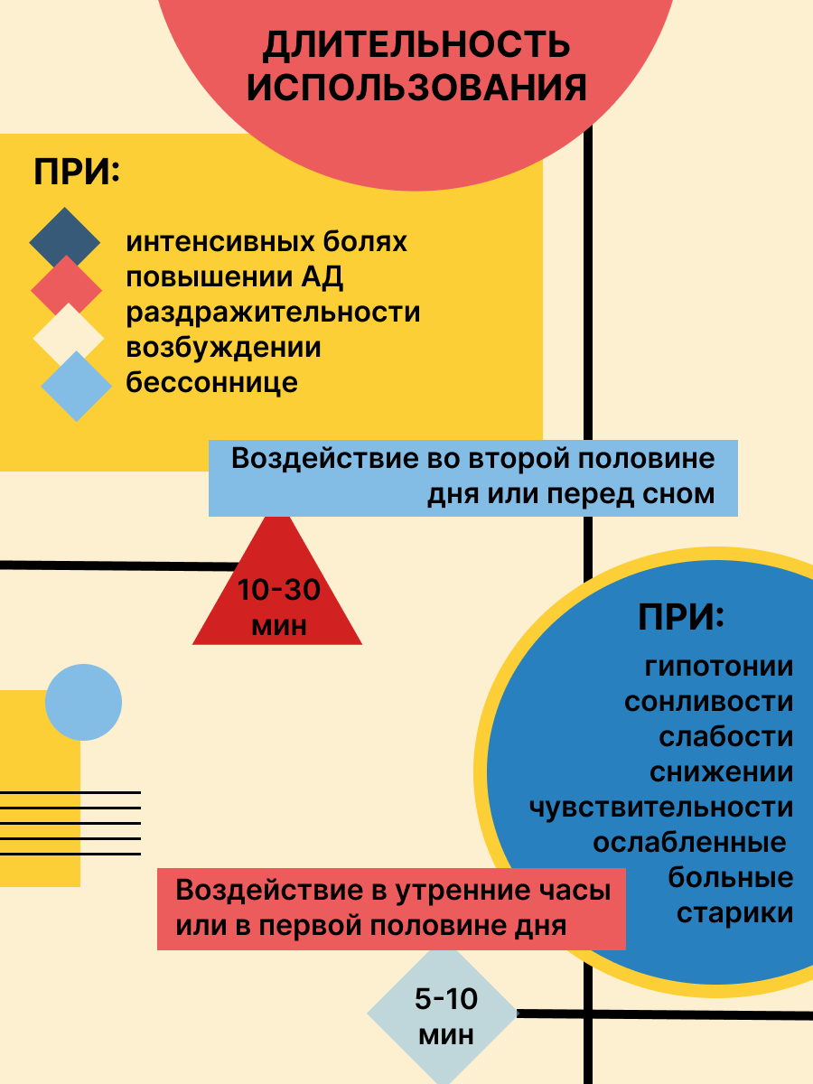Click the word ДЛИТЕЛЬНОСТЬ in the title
click(416, 45)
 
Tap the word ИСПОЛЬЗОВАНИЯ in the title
click(416, 89)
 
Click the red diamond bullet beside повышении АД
click(67, 288)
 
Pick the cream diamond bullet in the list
click(69, 336)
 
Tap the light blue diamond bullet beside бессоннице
click(77, 386)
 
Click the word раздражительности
click(274, 313)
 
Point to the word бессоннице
click(212, 382)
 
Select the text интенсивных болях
click(267, 242)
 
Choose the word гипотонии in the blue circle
click(719, 668)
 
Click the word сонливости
click(708, 702)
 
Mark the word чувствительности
click(661, 807)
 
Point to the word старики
click(735, 912)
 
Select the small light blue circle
click(83, 703)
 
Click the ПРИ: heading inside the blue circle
click(682, 619)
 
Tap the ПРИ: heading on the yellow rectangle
click(77, 173)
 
